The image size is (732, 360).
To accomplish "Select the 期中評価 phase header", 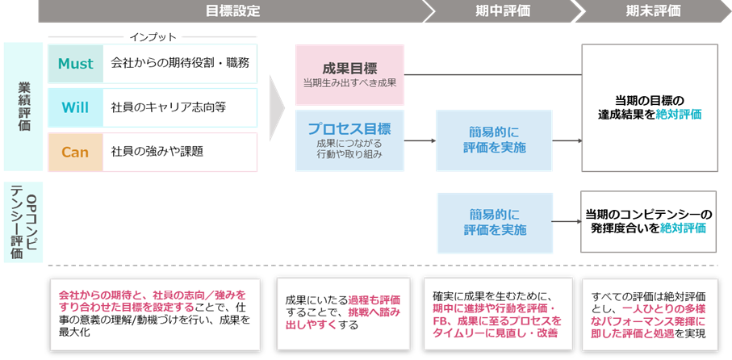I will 503,11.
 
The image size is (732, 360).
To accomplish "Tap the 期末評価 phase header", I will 652,11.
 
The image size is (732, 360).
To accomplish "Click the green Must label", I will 76,64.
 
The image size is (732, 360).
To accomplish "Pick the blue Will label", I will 75,107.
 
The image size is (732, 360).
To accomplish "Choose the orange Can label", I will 75,152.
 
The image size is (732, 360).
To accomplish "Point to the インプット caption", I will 153,37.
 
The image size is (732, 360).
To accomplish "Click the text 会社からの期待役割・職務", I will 179,63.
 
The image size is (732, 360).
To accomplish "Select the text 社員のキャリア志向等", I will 168,107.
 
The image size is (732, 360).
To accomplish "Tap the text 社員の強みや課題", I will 157,152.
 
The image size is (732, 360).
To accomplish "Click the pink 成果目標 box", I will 349,74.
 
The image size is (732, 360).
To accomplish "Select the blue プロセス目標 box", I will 349,140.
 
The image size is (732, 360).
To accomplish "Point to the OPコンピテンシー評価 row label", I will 23,222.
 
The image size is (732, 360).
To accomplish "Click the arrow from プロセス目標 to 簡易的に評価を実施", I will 420,140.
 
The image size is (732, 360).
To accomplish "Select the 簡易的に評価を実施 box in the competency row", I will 495,222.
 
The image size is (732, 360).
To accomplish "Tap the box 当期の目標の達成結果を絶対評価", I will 649,107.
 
